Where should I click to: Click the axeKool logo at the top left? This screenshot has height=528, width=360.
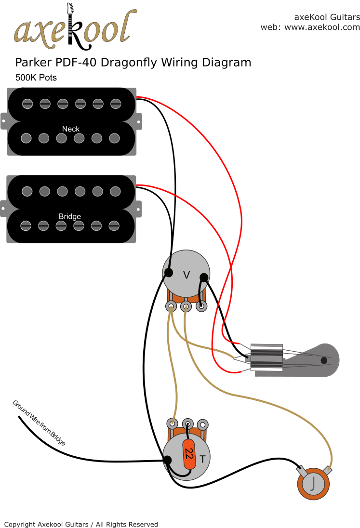[x=72, y=27]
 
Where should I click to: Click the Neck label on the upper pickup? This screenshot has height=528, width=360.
[x=71, y=129]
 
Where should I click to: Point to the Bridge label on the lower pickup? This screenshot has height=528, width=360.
[x=70, y=216]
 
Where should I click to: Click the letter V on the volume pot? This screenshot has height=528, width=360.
[x=187, y=275]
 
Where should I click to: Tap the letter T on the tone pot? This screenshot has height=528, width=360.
[x=203, y=459]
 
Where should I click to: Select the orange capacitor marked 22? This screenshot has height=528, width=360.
[x=189, y=454]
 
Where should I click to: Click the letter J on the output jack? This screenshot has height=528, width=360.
[x=314, y=483]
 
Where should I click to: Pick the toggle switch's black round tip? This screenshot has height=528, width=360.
[x=324, y=360]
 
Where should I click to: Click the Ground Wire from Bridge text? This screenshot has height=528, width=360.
[x=39, y=422]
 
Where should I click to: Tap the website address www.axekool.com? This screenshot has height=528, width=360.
[x=322, y=27]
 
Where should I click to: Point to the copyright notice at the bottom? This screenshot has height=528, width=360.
[x=81, y=524]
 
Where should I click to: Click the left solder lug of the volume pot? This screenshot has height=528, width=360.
[x=171, y=305]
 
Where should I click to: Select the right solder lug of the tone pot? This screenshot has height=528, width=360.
[x=203, y=424]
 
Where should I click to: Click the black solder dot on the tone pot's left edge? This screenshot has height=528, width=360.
[x=168, y=460]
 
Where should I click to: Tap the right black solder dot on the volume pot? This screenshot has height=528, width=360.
[x=204, y=277]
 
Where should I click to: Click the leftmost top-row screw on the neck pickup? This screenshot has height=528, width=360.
[x=27, y=103]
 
